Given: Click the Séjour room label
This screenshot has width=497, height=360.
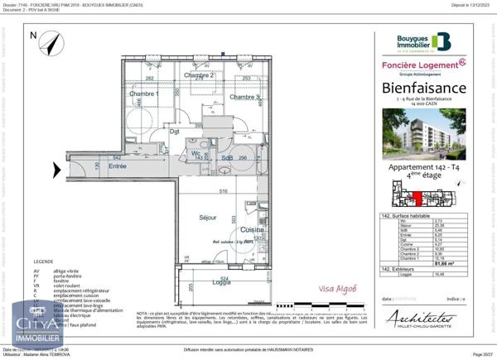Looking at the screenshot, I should (x=207, y=218).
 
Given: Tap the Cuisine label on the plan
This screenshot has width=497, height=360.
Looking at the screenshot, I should (x=252, y=229).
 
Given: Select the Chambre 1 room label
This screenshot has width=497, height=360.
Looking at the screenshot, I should (x=143, y=94).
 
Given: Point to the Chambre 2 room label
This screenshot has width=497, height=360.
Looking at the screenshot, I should (x=200, y=75).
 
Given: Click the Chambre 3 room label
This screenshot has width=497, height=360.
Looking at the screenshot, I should (x=245, y=97).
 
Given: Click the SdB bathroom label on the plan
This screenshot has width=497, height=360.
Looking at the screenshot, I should (x=225, y=157).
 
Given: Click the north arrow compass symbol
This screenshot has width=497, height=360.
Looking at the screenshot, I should (x=51, y=42).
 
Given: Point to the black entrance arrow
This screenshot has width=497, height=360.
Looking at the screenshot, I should (x=55, y=170).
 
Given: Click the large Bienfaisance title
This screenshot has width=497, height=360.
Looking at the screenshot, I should (x=423, y=88).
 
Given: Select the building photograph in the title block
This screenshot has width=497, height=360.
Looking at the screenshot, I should (x=422, y=135).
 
